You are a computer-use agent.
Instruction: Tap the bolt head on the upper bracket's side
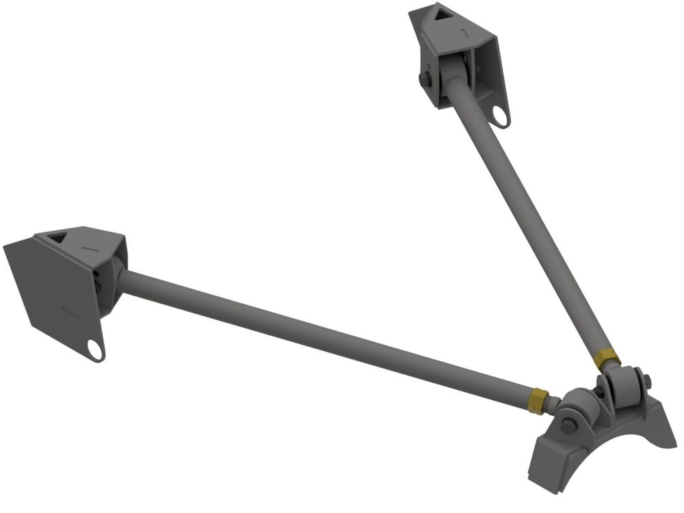click(x=425, y=79)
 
